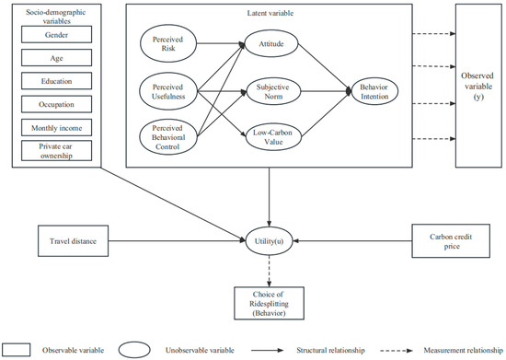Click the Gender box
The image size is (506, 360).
pyautogui.click(x=55, y=35)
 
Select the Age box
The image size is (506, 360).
pyautogui.click(x=55, y=58)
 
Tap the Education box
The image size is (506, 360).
pyautogui.click(x=55, y=80)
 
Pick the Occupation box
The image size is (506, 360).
pyautogui.click(x=55, y=103)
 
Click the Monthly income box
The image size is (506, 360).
pyautogui.click(x=55, y=126)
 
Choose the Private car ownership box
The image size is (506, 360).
pyautogui.click(x=55, y=150)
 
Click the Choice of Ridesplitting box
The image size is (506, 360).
pyautogui.click(x=268, y=300)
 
